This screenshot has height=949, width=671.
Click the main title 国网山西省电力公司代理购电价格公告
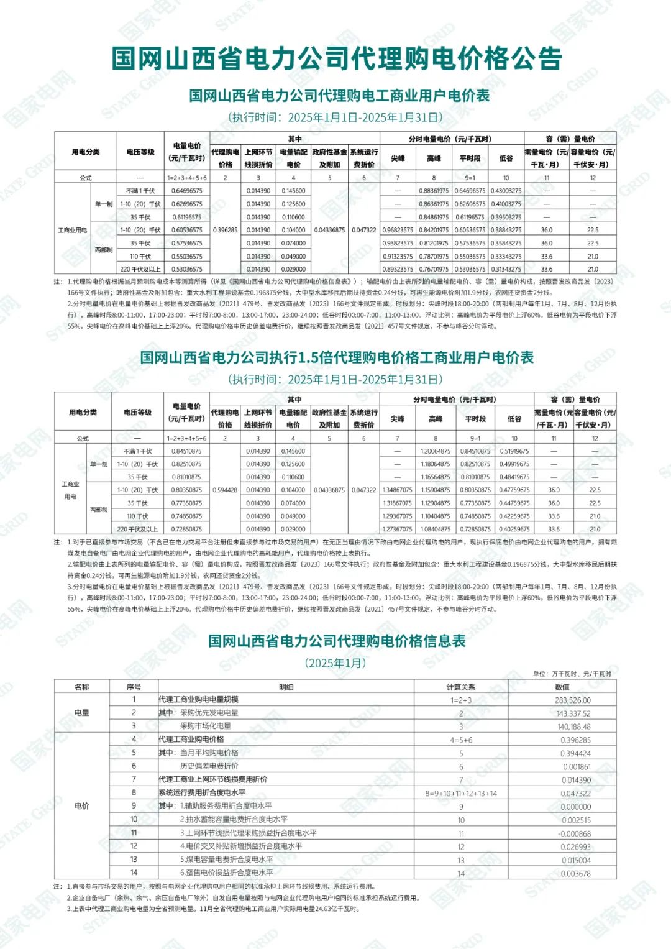[x=336, y=58]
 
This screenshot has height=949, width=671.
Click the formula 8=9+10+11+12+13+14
[x=461, y=794]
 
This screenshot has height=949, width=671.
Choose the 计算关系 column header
[x=461, y=687]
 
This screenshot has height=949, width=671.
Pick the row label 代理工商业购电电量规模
[x=198, y=700]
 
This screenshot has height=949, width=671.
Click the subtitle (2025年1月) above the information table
[x=335, y=663]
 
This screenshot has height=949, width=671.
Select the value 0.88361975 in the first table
[x=434, y=191]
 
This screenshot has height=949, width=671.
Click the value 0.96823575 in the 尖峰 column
[x=398, y=230]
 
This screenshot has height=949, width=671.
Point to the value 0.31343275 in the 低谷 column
[x=506, y=269]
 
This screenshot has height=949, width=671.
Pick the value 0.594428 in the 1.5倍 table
[x=225, y=490]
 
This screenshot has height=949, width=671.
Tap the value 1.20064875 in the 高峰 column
[x=435, y=451]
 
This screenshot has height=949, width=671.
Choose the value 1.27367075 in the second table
[x=397, y=530]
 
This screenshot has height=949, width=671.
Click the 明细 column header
[x=286, y=687]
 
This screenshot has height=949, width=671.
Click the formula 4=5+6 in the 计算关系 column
[x=461, y=740]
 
